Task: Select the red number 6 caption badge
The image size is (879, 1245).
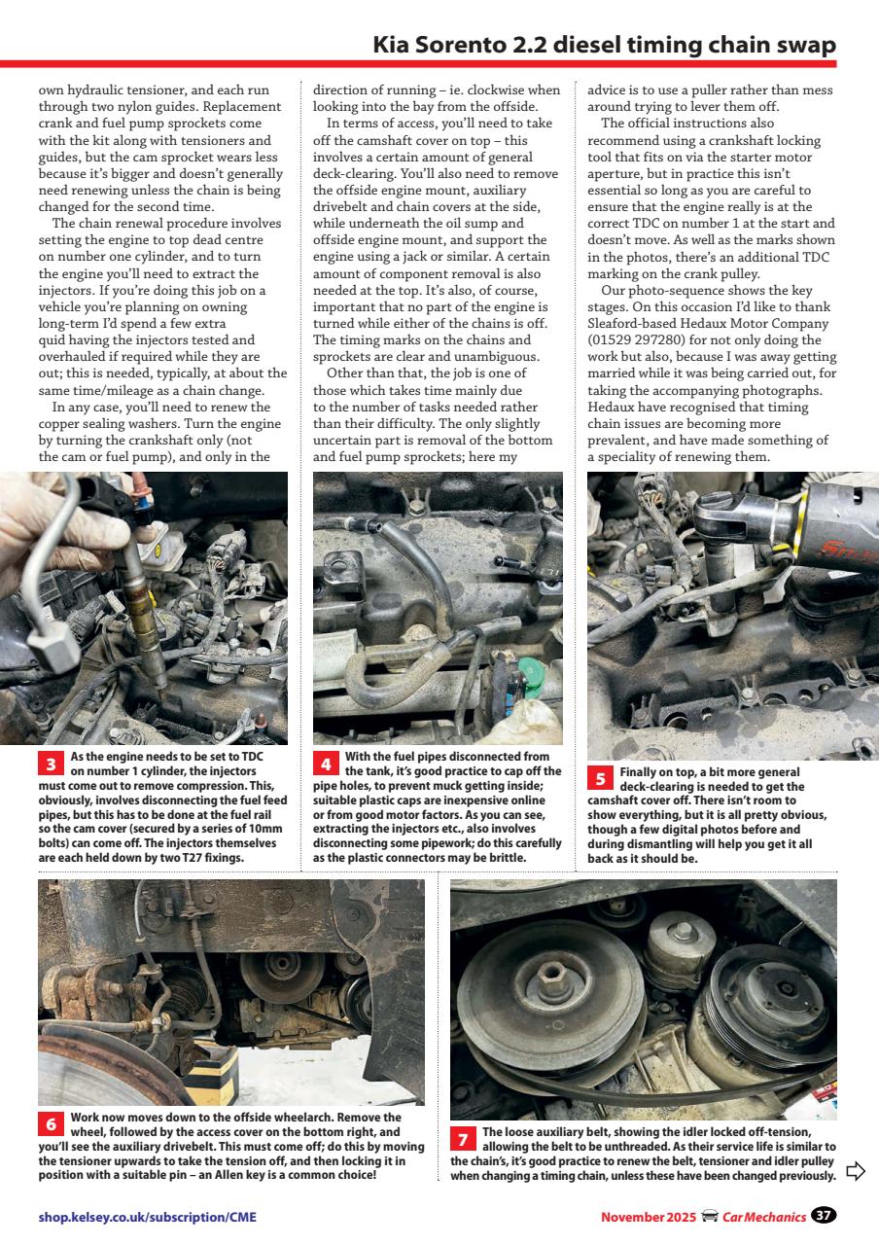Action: pos(51,1124)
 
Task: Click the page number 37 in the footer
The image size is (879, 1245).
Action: pos(824,1216)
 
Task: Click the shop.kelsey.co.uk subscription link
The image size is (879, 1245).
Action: pos(148,1217)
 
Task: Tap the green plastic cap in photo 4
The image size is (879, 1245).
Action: pos(531,672)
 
